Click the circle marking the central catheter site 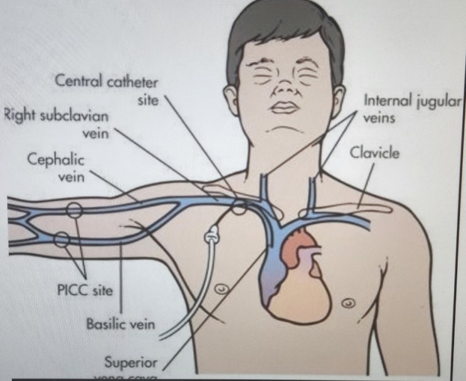click(238, 207)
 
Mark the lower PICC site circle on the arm click(63, 239)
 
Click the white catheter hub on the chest click(212, 237)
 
